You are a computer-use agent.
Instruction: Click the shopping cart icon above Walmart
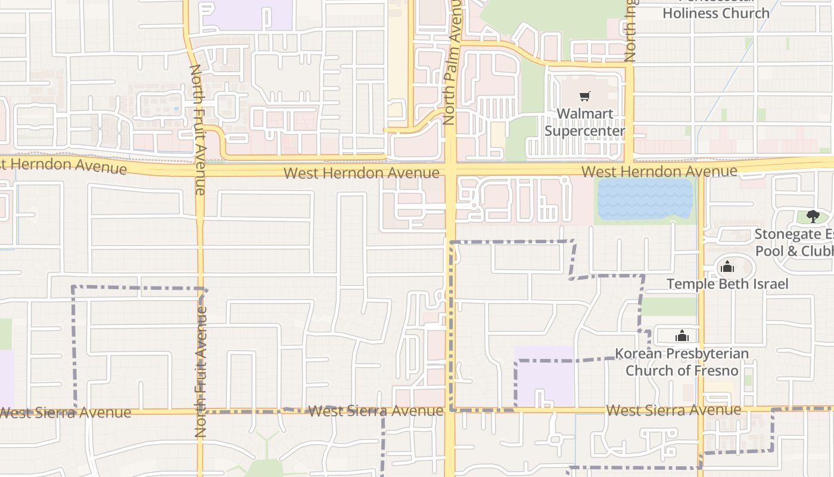(x=585, y=96)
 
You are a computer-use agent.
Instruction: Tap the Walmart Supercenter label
(x=584, y=122)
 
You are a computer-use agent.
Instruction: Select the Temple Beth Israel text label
(x=727, y=284)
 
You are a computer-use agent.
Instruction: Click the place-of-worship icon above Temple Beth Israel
(x=727, y=267)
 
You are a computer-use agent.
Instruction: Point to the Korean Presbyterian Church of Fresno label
(x=682, y=362)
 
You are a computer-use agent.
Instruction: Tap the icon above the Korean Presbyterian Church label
(x=682, y=336)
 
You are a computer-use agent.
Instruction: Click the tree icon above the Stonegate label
(x=813, y=216)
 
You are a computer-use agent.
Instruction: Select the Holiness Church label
(x=716, y=13)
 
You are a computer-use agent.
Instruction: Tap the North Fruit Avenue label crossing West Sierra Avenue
(x=201, y=371)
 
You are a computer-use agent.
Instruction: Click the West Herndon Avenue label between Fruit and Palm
(x=362, y=173)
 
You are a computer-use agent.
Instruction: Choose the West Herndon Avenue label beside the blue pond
(x=659, y=172)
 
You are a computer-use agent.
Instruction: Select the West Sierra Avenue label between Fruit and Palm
(x=376, y=411)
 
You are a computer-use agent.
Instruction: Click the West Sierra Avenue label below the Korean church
(x=673, y=410)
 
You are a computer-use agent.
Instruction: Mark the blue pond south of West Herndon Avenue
(x=645, y=199)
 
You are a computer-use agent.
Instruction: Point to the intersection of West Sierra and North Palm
(x=450, y=410)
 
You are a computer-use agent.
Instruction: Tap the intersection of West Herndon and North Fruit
(x=200, y=171)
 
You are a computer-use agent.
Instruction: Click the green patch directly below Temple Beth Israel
(x=668, y=306)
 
